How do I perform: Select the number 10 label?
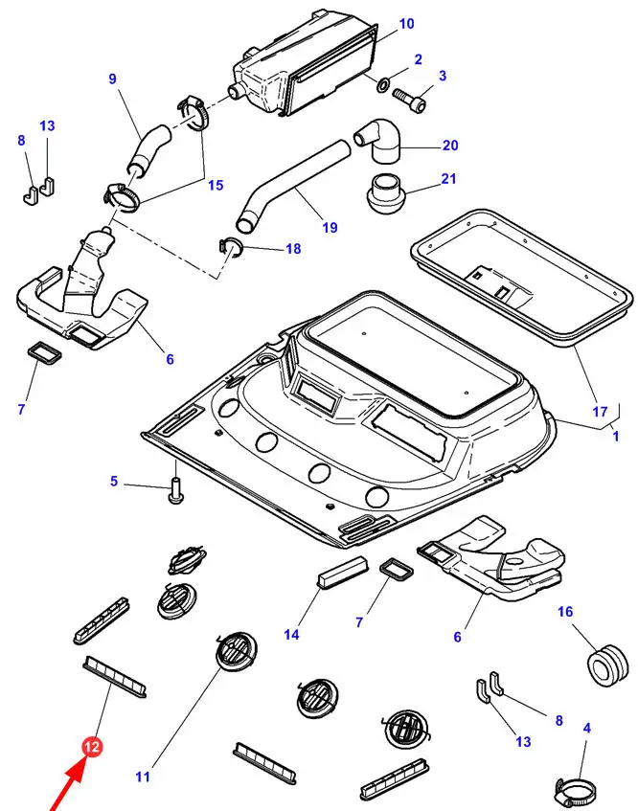[406, 24]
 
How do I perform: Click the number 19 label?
[330, 228]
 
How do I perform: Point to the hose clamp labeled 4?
[573, 791]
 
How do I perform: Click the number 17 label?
[601, 412]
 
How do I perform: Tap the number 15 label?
[216, 185]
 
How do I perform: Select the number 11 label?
[143, 777]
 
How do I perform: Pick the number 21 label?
[449, 179]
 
